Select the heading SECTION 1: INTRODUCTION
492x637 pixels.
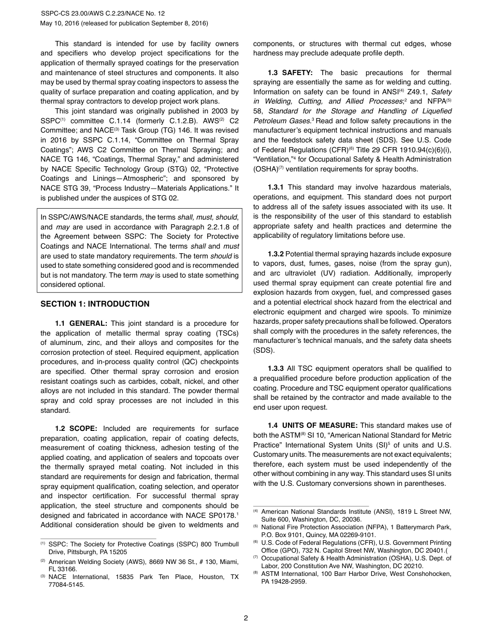point(95,304)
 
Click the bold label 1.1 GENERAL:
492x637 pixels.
point(81,323)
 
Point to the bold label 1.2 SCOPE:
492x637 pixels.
point(76,428)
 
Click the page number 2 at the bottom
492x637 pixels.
point(246,618)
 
